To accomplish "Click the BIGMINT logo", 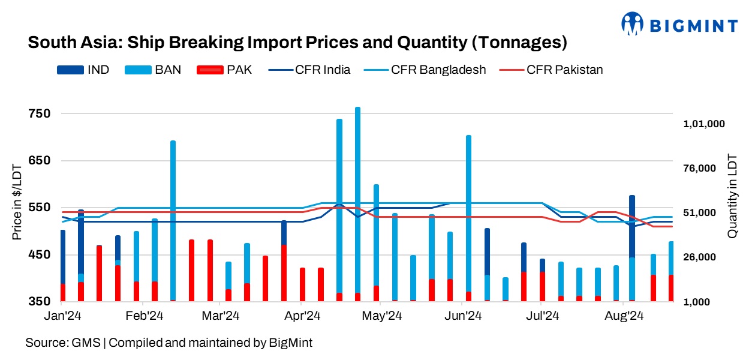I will (x=679, y=25).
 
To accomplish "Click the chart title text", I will (x=297, y=43).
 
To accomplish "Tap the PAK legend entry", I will (x=224, y=70).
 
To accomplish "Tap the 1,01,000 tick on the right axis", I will (x=704, y=124).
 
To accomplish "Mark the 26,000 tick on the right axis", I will (x=704, y=257).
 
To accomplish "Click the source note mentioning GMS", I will (x=169, y=343).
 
